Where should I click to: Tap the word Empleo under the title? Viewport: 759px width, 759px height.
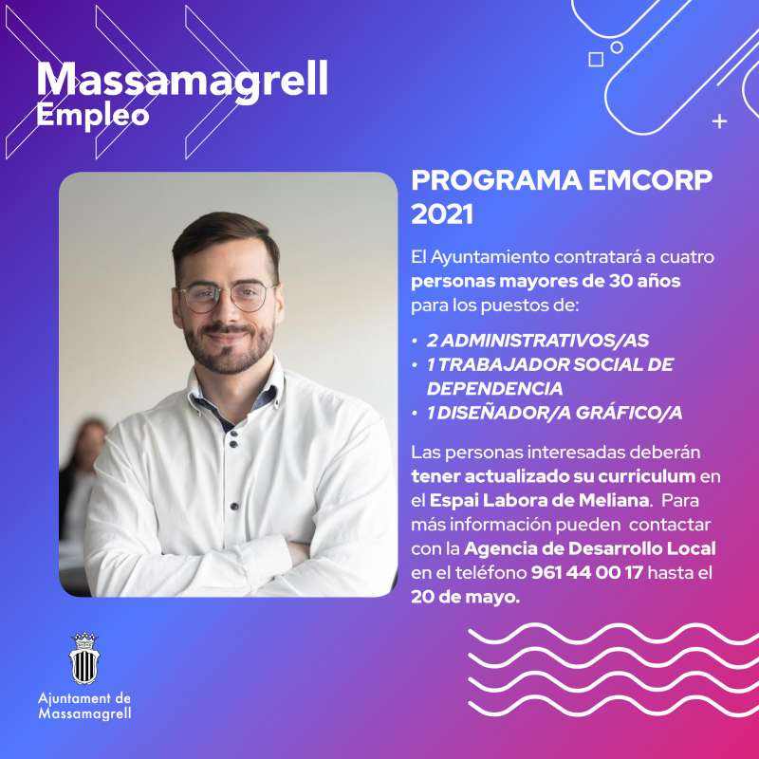92,116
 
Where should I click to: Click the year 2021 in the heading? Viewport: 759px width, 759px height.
442,214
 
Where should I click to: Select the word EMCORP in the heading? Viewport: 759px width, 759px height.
651,180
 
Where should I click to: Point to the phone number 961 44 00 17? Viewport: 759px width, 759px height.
586,573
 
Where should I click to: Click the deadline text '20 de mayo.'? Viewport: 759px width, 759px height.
465,598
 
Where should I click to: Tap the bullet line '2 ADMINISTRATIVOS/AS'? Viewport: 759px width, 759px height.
537,341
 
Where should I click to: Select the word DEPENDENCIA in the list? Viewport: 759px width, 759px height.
494,388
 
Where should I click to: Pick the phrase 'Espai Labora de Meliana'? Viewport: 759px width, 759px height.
539,500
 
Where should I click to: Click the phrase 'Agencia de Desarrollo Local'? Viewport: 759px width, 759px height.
589,548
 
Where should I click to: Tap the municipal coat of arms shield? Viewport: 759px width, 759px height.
84,658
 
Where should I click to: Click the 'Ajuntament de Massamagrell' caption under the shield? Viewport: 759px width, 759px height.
84,706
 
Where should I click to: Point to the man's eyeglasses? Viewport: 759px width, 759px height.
226,297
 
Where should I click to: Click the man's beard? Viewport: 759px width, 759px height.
229,348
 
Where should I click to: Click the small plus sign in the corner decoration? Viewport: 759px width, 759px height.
720,121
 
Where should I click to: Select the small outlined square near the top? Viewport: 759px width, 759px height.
596,60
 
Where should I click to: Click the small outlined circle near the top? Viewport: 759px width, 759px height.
616,47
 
